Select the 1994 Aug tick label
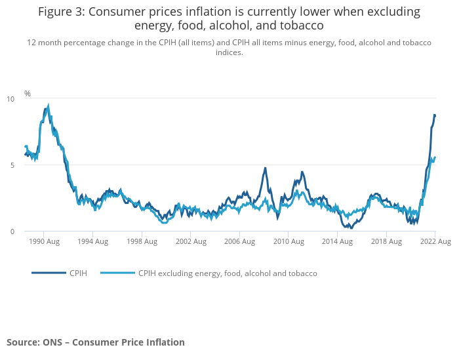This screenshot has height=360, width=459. (92, 241)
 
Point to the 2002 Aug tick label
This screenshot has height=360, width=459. (190, 241)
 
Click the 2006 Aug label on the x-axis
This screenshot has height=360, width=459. (239, 241)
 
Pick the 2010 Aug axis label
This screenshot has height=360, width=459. (289, 241)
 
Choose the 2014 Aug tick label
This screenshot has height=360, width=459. (337, 241)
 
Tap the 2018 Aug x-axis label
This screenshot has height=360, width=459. (386, 241)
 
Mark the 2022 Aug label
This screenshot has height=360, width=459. (435, 241)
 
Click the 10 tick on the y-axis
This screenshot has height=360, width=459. (10, 99)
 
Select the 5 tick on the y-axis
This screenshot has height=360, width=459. (12, 165)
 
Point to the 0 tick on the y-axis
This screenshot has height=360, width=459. (12, 231)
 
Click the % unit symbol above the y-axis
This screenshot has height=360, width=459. (28, 94)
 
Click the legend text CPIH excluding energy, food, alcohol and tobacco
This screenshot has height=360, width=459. (228, 273)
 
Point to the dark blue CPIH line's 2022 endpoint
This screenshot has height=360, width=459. (435, 115)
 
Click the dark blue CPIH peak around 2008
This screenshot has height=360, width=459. (266, 168)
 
